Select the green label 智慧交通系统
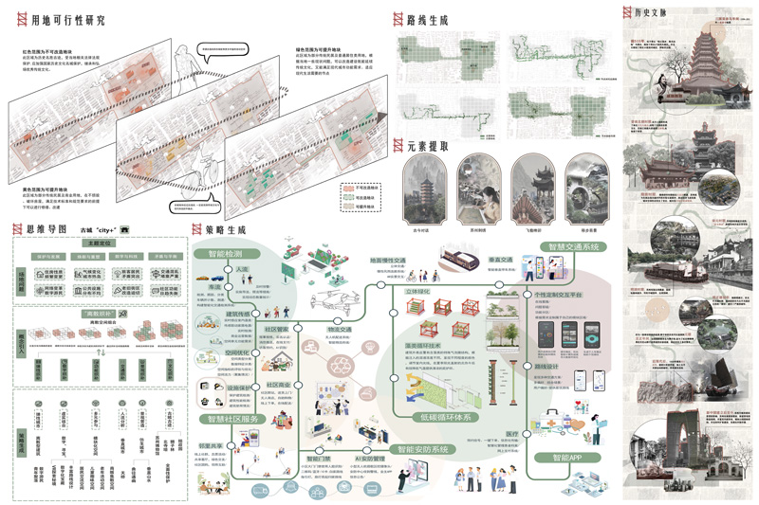point(575,247)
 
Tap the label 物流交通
point(339,330)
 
